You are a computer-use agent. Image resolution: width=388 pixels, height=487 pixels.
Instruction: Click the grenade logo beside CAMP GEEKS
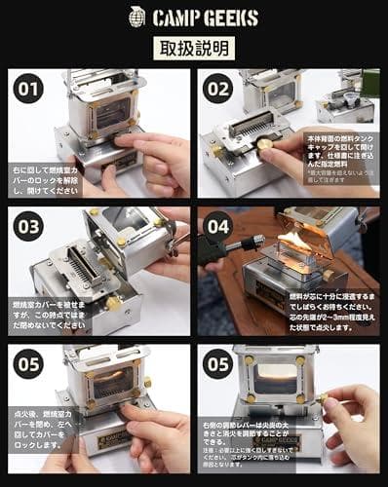click(137, 16)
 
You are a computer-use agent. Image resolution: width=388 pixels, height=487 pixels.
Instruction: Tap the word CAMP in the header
click(175, 17)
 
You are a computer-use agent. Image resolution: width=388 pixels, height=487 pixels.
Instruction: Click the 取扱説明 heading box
click(194, 49)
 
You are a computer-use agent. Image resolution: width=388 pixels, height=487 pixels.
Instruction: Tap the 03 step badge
click(28, 227)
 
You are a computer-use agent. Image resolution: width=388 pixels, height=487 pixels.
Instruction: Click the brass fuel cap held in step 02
click(264, 143)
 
